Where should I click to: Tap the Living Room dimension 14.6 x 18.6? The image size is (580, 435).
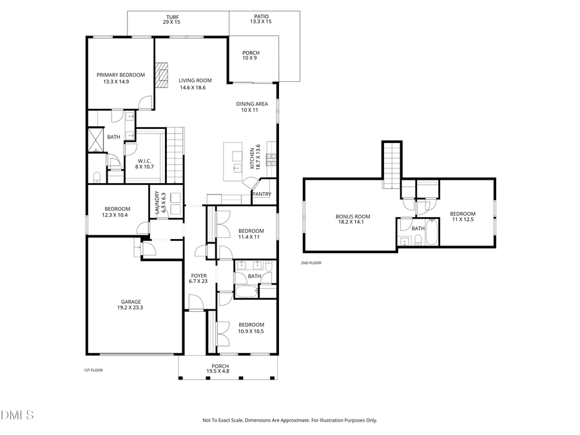[x=191, y=88]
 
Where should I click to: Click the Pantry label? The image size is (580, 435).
[x=262, y=194]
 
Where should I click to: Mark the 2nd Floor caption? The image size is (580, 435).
[x=311, y=263]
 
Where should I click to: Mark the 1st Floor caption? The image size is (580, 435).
[x=93, y=370]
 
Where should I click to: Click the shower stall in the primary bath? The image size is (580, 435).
[x=95, y=139]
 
